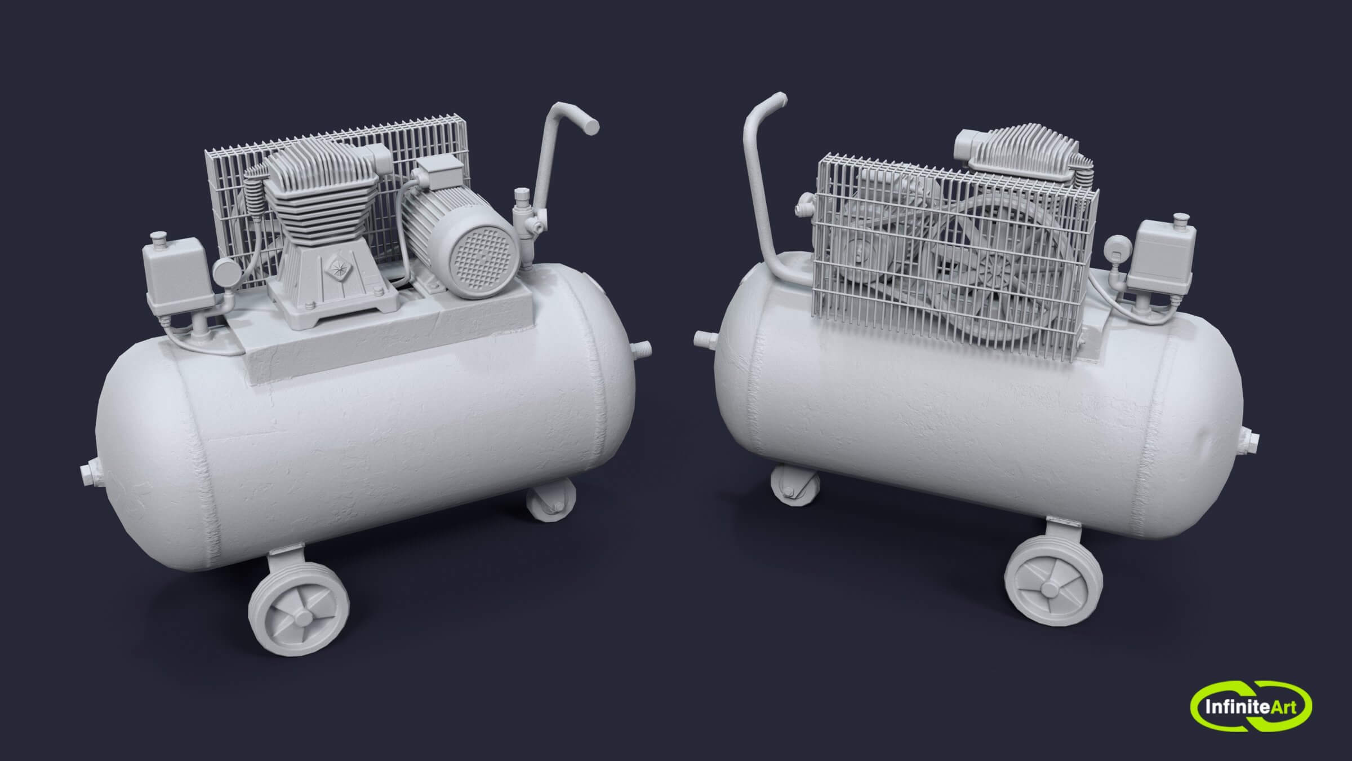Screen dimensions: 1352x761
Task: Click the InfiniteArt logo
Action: pos(1251,706)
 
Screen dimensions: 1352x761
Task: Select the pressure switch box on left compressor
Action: pos(170,276)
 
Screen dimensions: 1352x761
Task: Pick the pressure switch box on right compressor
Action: pos(1158,257)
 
